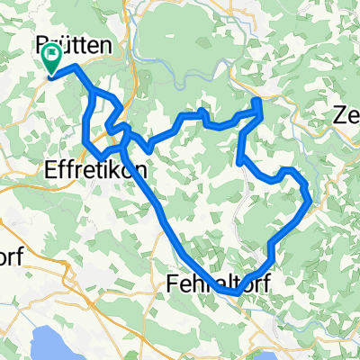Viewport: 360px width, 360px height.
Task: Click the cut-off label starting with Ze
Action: pos(346,116)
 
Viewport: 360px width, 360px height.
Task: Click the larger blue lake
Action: pos(54,335)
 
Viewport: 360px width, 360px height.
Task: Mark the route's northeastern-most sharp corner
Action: pos(261,101)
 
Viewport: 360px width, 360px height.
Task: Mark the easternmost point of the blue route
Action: pos(311,201)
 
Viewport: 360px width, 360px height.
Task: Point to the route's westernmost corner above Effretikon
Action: pos(84,141)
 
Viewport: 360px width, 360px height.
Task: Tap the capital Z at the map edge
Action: pos(340,116)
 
